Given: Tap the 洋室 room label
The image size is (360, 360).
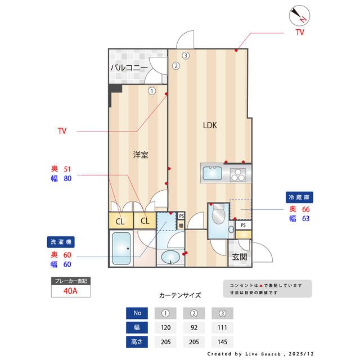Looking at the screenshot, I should pyautogui.click(x=141, y=154).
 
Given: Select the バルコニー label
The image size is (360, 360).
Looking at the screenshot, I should pyautogui.click(x=129, y=67).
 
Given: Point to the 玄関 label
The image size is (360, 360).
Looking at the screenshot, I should pyautogui.click(x=239, y=257).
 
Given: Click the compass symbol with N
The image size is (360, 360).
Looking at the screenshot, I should pyautogui.click(x=298, y=15).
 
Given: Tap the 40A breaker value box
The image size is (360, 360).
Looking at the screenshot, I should pyautogui.click(x=71, y=292).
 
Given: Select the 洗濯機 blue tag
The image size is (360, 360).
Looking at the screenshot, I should pyautogui.click(x=60, y=242).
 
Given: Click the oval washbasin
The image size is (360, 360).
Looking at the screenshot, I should pyautogui.click(x=170, y=258).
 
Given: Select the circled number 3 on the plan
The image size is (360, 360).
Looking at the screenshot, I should pyautogui.click(x=186, y=55).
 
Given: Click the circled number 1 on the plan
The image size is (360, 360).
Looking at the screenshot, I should pyautogui.click(x=152, y=90).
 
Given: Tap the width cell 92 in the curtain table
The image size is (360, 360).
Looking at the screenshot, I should pyautogui.click(x=194, y=327).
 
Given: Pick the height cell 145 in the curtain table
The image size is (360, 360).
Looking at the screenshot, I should pyautogui.click(x=222, y=341).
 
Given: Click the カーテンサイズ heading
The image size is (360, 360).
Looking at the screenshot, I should pyautogui.click(x=180, y=295).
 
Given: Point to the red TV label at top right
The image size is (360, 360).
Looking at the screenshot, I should pyautogui.click(x=300, y=33).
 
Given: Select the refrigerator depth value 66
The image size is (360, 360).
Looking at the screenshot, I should pyautogui.click(x=306, y=209).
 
